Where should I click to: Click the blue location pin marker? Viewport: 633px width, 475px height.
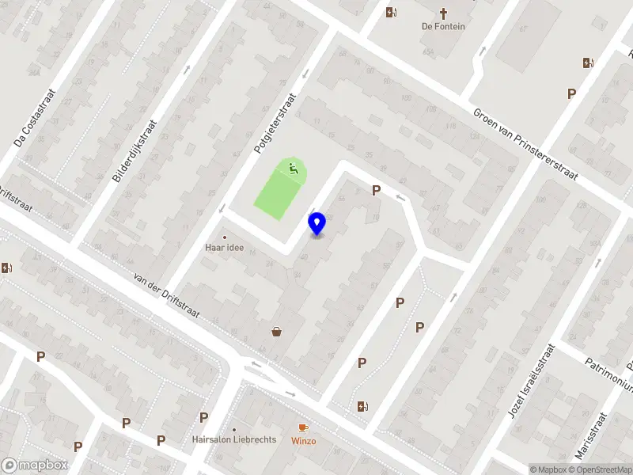click(316, 223)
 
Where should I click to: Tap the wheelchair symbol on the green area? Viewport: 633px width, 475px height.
click(293, 167)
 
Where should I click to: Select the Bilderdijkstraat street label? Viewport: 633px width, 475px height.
click(135, 151)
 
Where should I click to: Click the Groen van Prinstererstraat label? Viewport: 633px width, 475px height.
click(526, 144)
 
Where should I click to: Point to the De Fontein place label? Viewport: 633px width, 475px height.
click(443, 26)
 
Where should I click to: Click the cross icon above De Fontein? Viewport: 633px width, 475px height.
click(443, 13)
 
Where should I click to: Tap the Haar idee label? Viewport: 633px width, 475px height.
click(224, 248)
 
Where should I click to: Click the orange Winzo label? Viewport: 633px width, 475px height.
click(303, 441)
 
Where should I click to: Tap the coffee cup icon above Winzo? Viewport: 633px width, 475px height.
click(303, 427)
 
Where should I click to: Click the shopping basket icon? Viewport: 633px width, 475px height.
click(277, 332)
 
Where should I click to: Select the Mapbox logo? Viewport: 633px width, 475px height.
click(35, 465)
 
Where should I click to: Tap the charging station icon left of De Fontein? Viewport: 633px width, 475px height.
click(390, 12)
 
